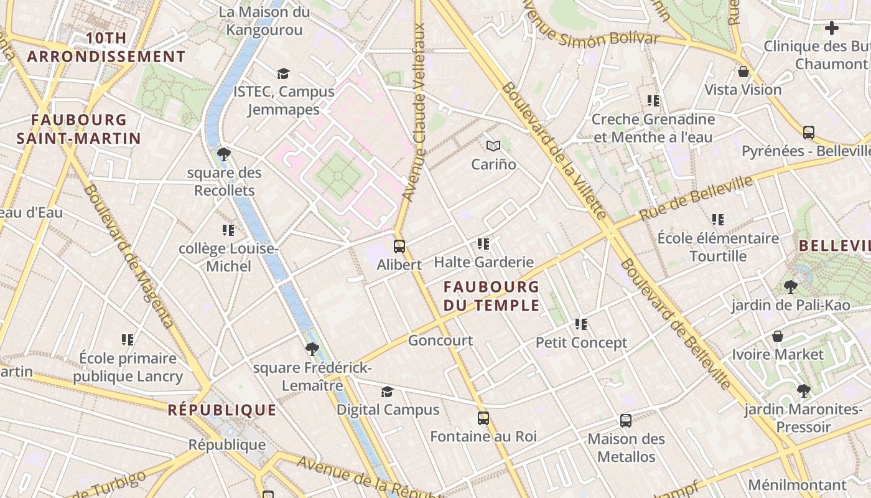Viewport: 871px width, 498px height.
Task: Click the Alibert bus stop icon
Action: click(399, 247)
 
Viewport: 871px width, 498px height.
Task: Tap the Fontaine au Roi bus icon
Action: click(483, 418)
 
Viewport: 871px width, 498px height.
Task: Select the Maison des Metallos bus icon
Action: click(626, 421)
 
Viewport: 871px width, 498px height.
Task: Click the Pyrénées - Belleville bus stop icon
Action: click(809, 133)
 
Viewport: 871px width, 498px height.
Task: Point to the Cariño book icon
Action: click(493, 146)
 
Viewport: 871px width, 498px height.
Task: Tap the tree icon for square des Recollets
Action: click(224, 154)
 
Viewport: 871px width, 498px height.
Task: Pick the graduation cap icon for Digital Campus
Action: click(387, 392)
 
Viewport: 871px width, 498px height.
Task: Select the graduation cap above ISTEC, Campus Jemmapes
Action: click(284, 73)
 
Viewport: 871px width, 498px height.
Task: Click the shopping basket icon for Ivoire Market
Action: click(778, 337)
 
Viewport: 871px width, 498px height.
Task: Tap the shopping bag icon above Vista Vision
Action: click(743, 72)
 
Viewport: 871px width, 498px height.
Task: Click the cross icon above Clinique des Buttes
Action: click(832, 28)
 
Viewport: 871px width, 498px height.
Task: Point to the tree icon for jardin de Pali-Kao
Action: click(790, 287)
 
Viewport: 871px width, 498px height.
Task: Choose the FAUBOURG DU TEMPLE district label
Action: click(491, 296)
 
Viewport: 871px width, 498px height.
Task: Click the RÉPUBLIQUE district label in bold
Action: click(222, 410)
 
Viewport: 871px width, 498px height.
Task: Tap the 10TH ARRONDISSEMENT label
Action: click(106, 47)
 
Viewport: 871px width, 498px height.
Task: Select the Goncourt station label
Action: click(440, 341)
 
